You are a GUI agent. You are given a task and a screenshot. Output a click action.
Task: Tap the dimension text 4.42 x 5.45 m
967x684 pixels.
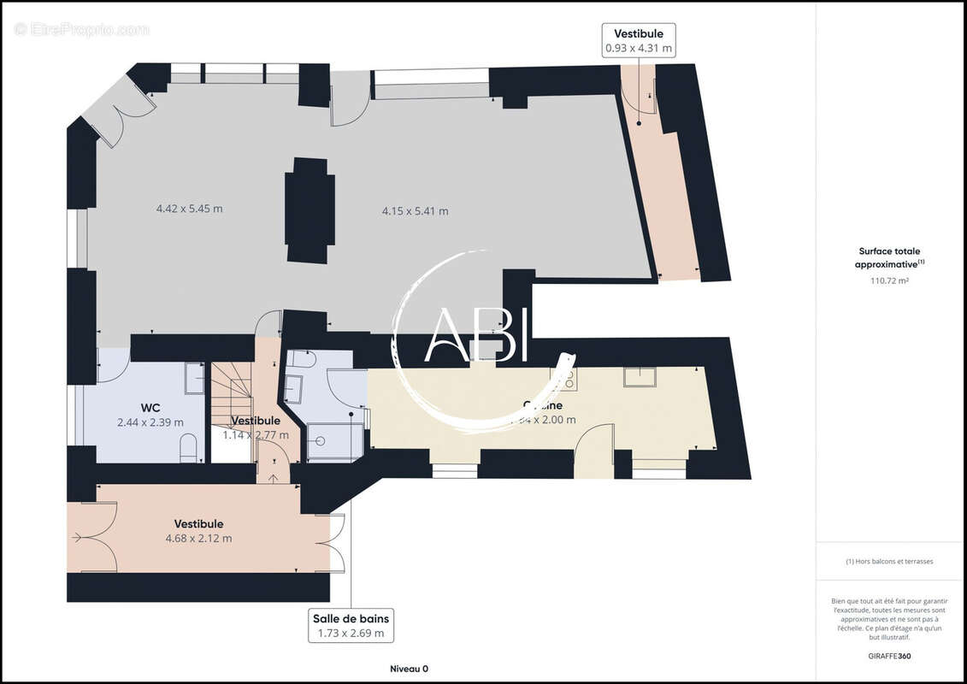coord(189,209)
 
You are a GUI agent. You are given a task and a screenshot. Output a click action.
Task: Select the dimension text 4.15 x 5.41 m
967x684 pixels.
coord(415,210)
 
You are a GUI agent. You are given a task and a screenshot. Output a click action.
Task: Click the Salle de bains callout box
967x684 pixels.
coord(351,626)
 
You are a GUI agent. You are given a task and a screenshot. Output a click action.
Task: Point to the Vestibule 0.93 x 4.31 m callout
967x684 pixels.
coord(640,40)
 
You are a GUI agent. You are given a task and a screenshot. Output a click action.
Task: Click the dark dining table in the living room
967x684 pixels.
coord(310,210)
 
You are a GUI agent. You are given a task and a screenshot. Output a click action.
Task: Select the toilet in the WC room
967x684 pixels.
coord(189,447)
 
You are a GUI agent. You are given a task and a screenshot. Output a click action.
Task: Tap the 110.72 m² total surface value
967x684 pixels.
coord(889,280)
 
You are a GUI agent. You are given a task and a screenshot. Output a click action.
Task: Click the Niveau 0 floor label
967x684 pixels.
coord(404,669)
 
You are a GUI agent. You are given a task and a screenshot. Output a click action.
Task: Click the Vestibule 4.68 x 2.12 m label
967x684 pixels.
coord(198,531)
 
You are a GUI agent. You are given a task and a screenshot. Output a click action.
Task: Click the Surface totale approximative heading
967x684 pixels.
coord(889,257)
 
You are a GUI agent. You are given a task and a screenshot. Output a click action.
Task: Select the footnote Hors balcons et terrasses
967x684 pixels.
coord(889,562)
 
